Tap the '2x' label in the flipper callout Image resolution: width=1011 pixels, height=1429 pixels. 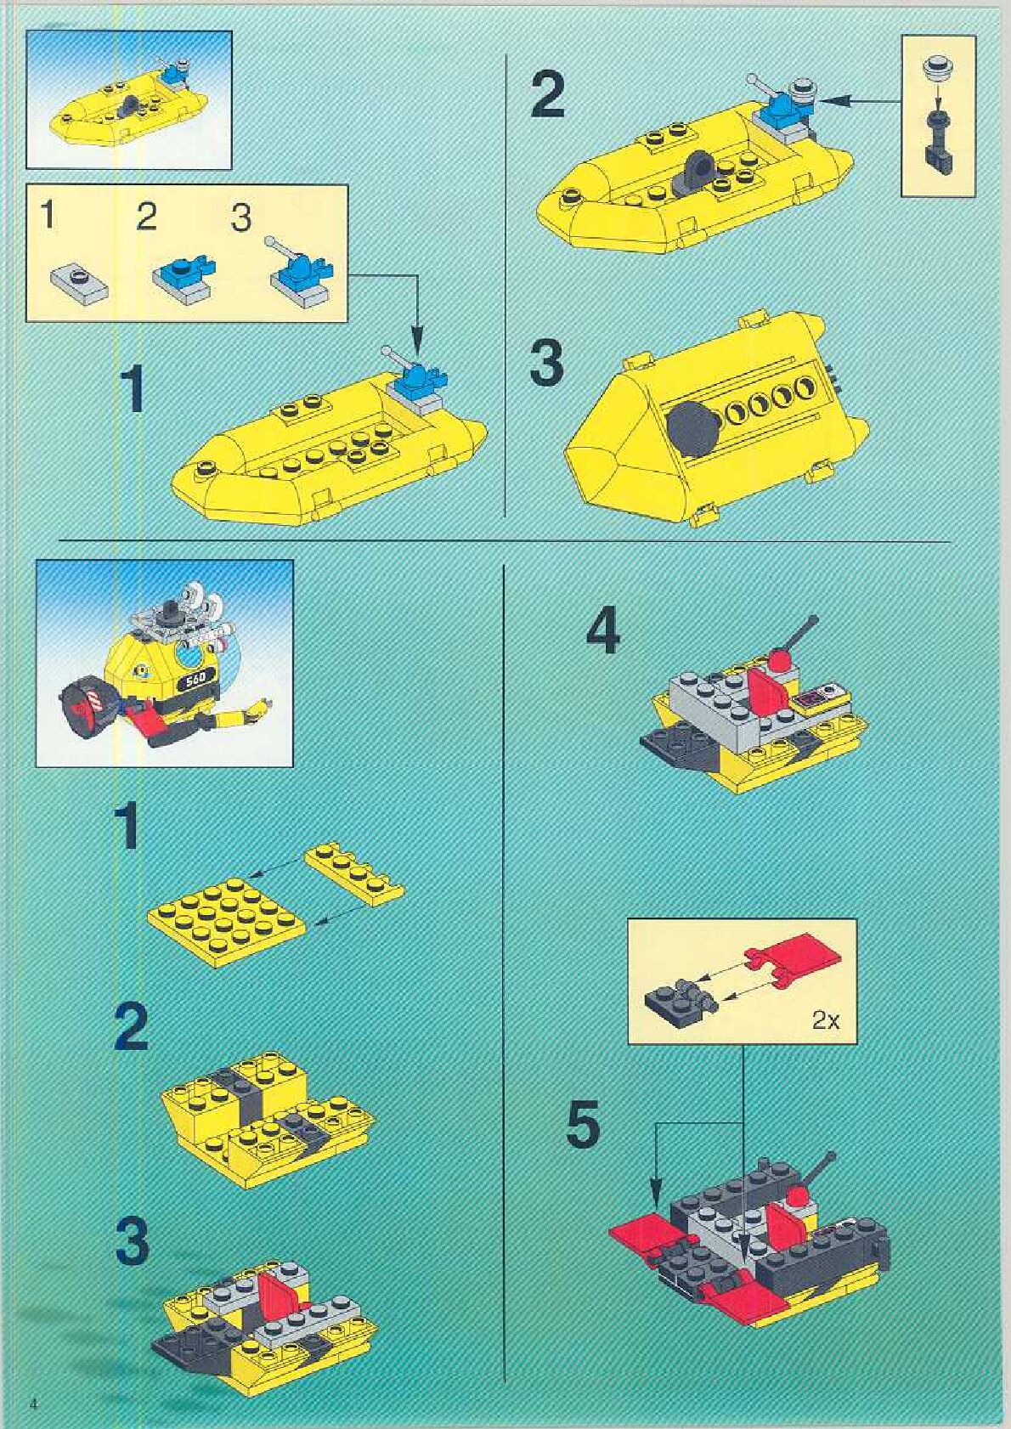pyautogui.click(x=826, y=1021)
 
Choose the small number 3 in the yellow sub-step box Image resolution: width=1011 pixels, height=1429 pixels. pyautogui.click(x=241, y=218)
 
